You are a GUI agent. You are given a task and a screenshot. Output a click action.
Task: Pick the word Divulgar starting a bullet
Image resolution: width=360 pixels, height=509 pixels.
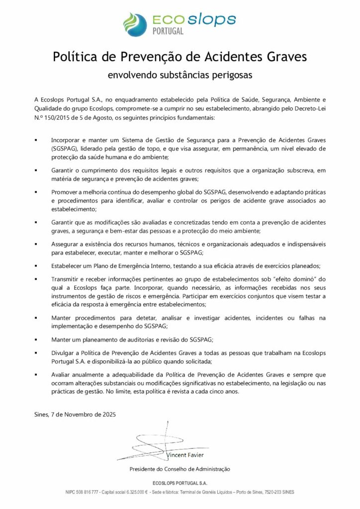pyautogui.click(x=63, y=352)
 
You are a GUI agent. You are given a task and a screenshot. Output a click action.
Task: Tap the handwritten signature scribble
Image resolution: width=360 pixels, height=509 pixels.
pyautogui.click(x=149, y=442)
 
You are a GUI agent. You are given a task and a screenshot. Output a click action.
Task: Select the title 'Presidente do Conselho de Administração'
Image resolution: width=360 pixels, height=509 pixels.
pyautogui.click(x=180, y=469)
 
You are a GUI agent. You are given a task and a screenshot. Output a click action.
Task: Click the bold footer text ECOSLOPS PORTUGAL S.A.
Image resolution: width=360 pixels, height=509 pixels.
pyautogui.click(x=180, y=483)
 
